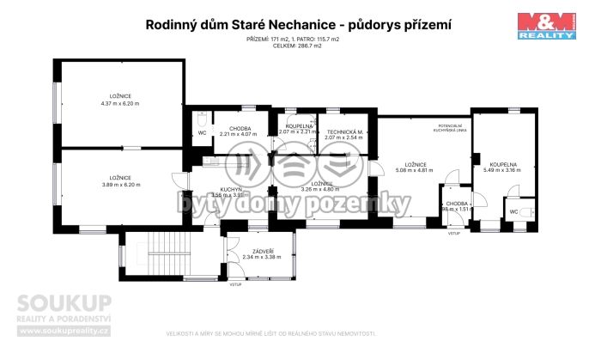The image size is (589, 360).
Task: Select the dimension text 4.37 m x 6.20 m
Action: [x=119, y=103]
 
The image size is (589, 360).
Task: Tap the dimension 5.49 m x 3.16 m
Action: [x=503, y=170]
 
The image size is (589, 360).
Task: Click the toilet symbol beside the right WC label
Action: [x=530, y=211]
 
